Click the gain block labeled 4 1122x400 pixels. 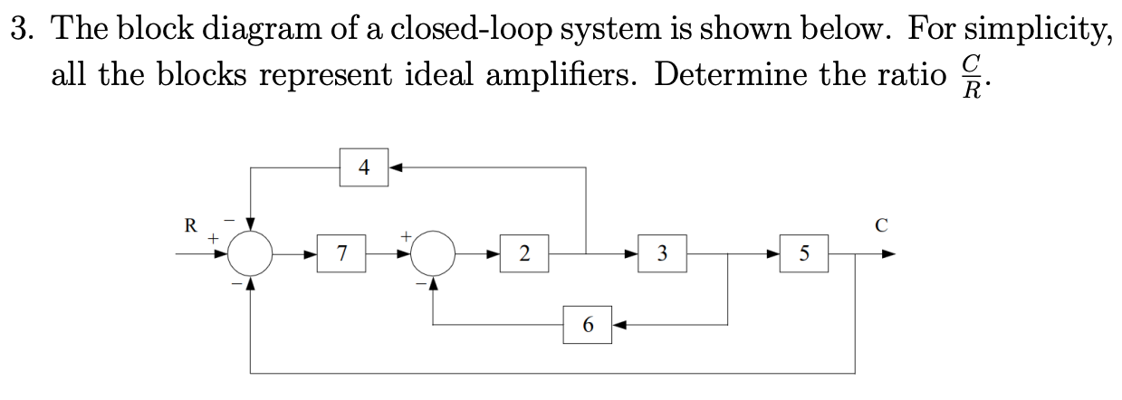click(x=364, y=167)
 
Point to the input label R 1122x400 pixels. click(x=190, y=226)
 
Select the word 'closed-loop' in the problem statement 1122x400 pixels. click(x=415, y=30)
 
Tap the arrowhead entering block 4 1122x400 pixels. click(x=396, y=167)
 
